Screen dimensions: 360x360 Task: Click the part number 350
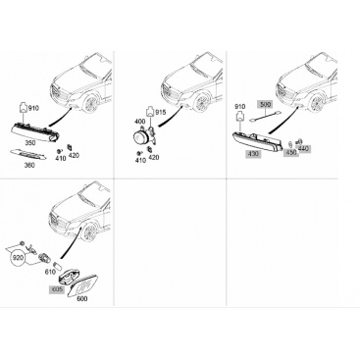[30, 143]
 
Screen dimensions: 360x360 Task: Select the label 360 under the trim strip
[29, 165]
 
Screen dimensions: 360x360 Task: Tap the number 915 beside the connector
[161, 112]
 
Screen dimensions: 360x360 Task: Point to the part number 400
[140, 122]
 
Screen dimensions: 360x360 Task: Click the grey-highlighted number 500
[265, 105]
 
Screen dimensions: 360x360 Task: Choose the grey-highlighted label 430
[253, 154]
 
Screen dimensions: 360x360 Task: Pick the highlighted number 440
[303, 149]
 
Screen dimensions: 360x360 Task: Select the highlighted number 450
[291, 153]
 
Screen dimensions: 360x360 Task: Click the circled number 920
[18, 258]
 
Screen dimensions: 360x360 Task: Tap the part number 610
[50, 272]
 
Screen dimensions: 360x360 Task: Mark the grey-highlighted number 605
[56, 289]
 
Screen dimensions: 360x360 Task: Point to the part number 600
[81, 298]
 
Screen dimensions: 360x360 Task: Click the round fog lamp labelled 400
[140, 137]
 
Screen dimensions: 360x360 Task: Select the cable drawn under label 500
[265, 116]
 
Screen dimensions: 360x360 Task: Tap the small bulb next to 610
[57, 264]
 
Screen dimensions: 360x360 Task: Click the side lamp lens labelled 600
[86, 285]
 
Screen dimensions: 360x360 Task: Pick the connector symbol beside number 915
[150, 112]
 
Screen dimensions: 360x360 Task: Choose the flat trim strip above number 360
[28, 155]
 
